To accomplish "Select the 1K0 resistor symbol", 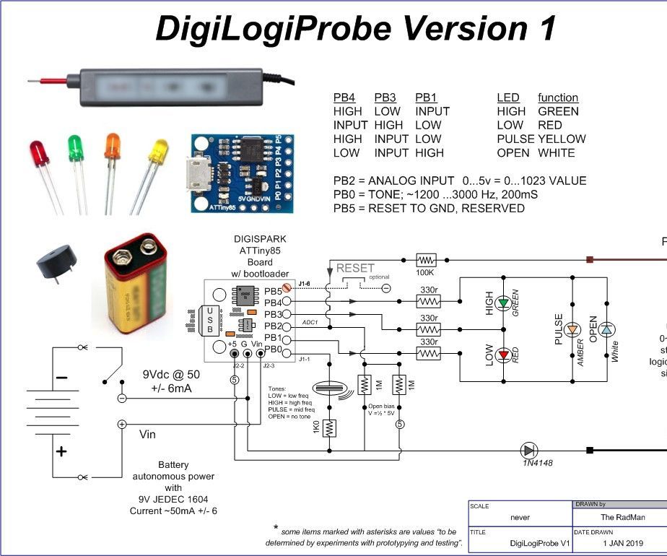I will point(330,428).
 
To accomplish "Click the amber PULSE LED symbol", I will point(572,329).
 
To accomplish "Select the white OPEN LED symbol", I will point(607,329).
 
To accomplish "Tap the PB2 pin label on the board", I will point(274,326).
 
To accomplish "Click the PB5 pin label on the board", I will point(274,290).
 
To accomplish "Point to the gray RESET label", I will point(355,269).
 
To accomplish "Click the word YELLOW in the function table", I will point(562,139).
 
